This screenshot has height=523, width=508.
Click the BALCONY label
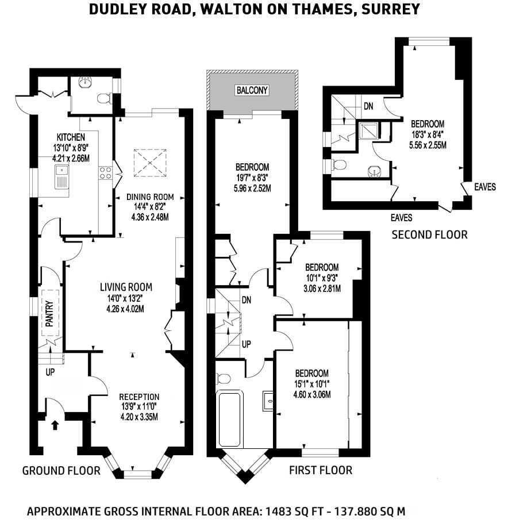click(252, 90)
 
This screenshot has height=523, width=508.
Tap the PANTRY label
click(49, 314)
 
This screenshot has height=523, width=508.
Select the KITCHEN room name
click(71, 137)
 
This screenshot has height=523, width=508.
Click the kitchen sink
click(61, 177)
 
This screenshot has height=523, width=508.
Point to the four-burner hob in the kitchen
click(105, 173)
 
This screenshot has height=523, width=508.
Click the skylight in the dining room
click(150, 163)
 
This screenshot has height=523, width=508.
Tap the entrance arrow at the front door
click(55, 425)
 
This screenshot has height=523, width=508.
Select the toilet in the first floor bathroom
click(223, 379)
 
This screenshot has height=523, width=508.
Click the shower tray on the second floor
click(368, 130)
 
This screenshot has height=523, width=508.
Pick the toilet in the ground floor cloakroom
click(104, 98)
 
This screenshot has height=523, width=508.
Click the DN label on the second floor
click(368, 106)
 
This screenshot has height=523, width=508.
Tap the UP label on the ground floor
click(50, 372)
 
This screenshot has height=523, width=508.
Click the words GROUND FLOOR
click(61, 471)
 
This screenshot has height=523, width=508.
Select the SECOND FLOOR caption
click(430, 235)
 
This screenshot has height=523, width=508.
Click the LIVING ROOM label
click(126, 287)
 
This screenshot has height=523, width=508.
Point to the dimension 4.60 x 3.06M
click(312, 395)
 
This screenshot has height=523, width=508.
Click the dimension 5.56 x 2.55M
click(428, 145)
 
